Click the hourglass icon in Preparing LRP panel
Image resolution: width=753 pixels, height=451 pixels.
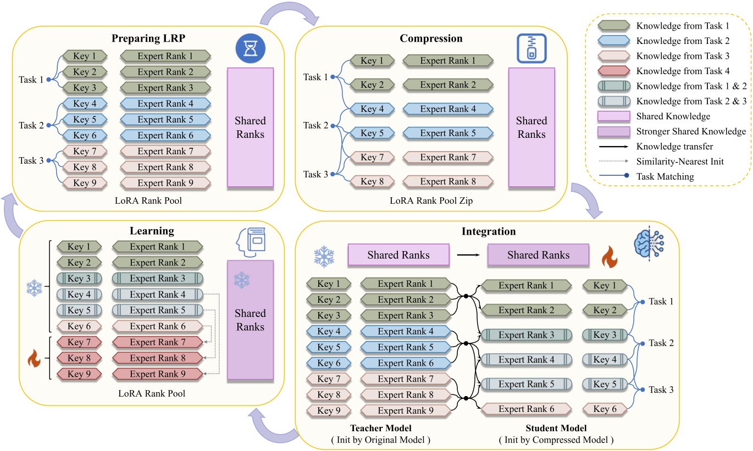point(251,47)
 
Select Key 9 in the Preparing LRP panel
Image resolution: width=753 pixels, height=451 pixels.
point(81,182)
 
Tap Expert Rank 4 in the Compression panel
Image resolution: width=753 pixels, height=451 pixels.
point(447,109)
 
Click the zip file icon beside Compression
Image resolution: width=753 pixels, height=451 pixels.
point(531,47)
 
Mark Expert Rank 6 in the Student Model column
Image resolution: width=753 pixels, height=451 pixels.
point(526,409)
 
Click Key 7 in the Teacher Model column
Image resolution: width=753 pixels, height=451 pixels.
point(326,379)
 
